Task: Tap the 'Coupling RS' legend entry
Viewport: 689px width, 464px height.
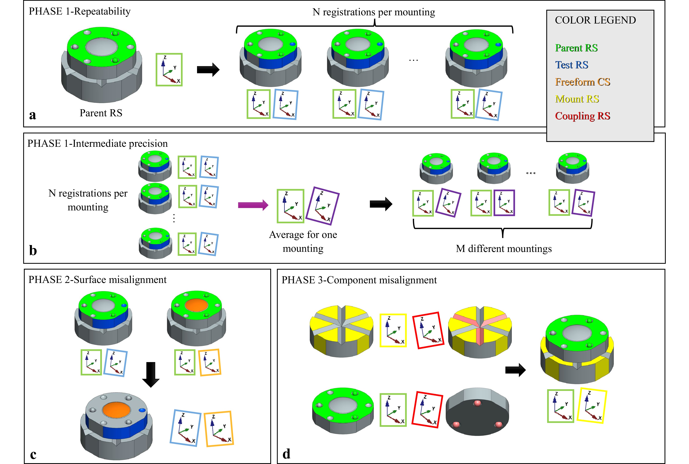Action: click(x=582, y=116)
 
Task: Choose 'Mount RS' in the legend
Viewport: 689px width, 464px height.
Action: click(x=577, y=99)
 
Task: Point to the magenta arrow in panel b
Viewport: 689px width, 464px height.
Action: click(x=253, y=205)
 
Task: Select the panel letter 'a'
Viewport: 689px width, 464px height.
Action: click(x=33, y=115)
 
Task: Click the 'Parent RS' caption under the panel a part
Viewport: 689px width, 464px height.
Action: click(x=101, y=113)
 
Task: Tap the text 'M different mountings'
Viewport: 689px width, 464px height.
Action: click(x=503, y=248)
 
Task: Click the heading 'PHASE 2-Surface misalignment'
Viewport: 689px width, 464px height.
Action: click(x=97, y=280)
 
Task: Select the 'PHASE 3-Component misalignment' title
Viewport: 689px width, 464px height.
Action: click(x=359, y=280)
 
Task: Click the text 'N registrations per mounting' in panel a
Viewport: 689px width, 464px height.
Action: click(x=374, y=12)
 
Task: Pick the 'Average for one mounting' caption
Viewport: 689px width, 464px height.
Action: click(x=303, y=241)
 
